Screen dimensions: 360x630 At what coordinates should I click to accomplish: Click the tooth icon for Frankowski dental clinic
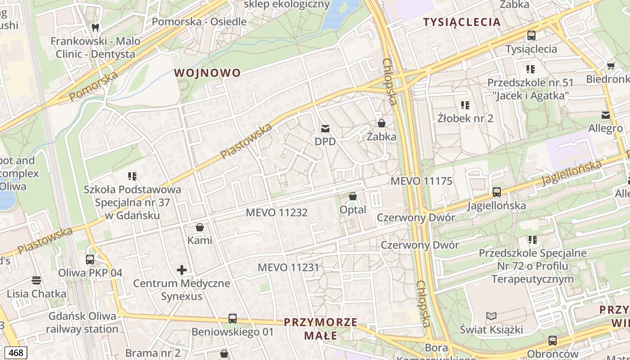[95, 27]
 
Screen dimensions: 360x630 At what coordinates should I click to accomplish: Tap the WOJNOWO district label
[207, 73]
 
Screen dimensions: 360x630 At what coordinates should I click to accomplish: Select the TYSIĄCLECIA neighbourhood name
[462, 22]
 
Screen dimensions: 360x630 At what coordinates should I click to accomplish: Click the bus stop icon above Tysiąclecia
[531, 36]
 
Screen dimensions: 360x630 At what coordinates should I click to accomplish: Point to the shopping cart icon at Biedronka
[611, 66]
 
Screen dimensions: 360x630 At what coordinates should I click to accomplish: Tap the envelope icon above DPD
[325, 129]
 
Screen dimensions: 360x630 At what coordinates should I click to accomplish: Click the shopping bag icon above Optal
[353, 197]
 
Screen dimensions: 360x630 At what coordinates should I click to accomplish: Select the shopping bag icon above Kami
[200, 227]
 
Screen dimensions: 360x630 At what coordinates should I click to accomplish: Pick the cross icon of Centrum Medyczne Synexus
[182, 270]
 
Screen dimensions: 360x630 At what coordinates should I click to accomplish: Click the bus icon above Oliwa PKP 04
[90, 260]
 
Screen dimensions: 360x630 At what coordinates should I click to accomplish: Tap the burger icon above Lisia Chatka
[36, 281]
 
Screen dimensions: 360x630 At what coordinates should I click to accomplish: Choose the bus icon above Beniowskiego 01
[233, 319]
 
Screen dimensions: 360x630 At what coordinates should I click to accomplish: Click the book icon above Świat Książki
[491, 316]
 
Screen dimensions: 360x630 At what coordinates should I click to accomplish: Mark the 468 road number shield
[15, 353]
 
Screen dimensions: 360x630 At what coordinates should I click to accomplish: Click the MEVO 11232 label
[277, 212]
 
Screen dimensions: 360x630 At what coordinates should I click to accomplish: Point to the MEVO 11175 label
[421, 181]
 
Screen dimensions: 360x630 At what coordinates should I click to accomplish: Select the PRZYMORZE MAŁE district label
[320, 329]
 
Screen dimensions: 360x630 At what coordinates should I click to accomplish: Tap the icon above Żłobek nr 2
[465, 105]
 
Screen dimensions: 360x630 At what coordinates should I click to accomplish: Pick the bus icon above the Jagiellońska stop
[496, 192]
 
